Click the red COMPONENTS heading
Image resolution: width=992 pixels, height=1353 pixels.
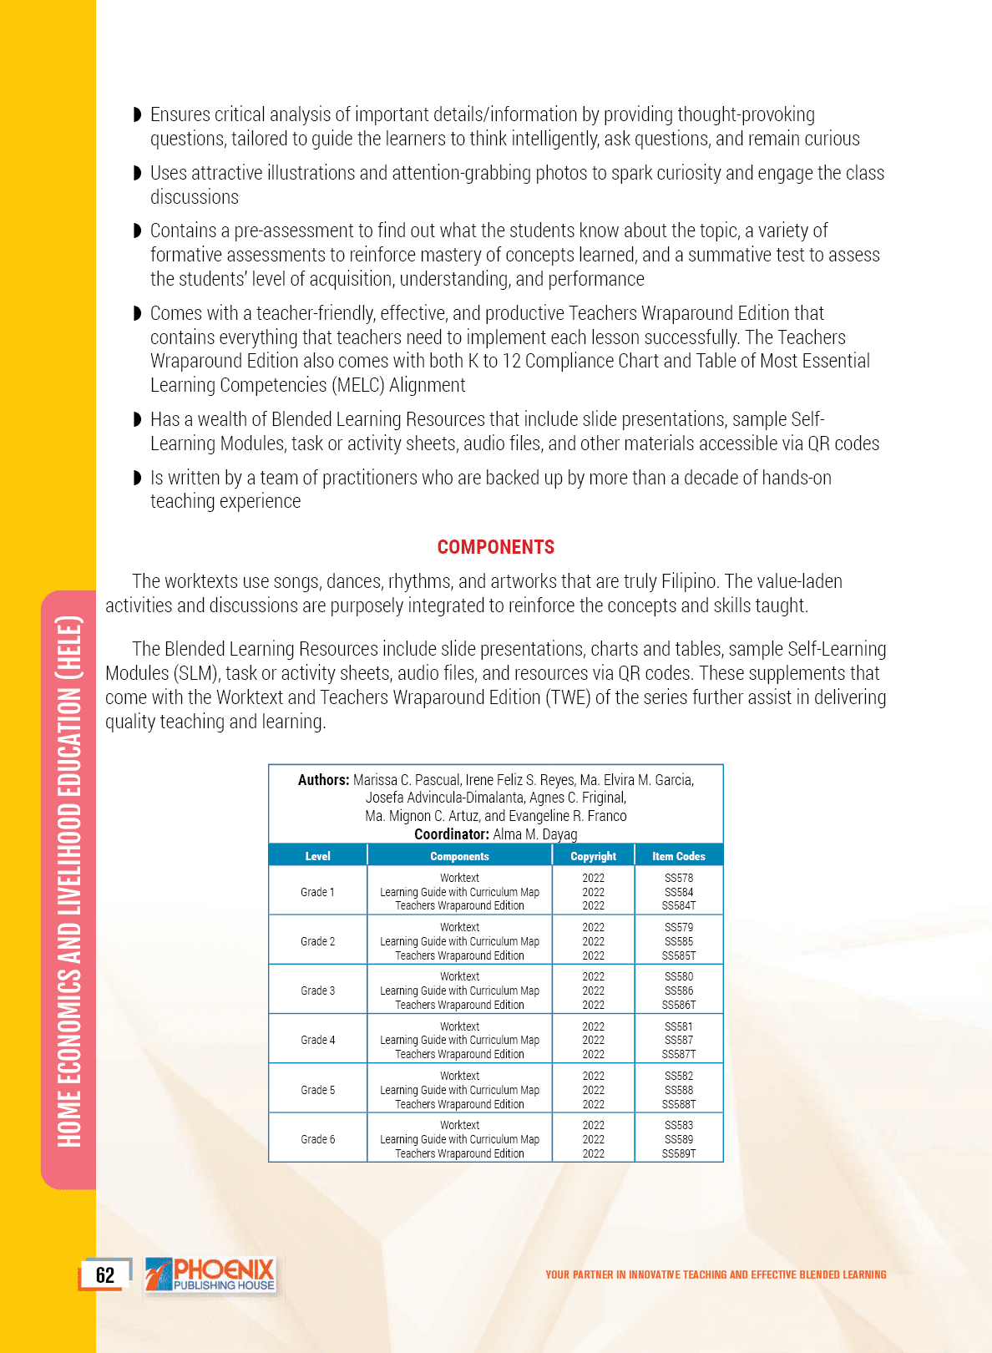[x=496, y=547]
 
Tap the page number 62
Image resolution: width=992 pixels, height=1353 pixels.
[x=105, y=1275]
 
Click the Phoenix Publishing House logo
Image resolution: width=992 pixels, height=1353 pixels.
[x=212, y=1275]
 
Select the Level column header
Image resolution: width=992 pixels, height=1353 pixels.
[x=317, y=856]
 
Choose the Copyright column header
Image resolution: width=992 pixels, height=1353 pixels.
[x=593, y=856]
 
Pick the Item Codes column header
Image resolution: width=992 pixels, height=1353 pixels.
[x=678, y=856]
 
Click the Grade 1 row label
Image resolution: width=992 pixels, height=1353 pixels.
[x=317, y=892]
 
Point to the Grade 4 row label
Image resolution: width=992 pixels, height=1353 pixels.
[x=317, y=1040]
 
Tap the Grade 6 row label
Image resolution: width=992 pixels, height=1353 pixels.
[x=317, y=1139]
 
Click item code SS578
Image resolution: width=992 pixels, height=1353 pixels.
[x=679, y=878]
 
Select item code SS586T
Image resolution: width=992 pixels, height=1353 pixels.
[x=679, y=1005]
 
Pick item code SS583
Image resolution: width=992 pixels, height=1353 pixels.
[x=679, y=1125]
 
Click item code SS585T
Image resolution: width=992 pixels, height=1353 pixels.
[x=679, y=955]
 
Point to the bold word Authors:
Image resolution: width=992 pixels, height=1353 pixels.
[x=323, y=780]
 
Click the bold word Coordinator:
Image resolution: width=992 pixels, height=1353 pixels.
[x=451, y=834]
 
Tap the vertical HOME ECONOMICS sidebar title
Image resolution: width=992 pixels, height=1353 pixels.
[x=69, y=881]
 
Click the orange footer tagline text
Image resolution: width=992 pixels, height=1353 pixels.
[x=716, y=1274]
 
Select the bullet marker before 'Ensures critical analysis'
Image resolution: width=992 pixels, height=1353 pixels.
[x=138, y=114]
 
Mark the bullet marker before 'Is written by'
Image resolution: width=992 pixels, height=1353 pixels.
[x=138, y=478]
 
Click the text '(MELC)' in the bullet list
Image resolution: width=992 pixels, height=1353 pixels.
[x=357, y=385]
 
